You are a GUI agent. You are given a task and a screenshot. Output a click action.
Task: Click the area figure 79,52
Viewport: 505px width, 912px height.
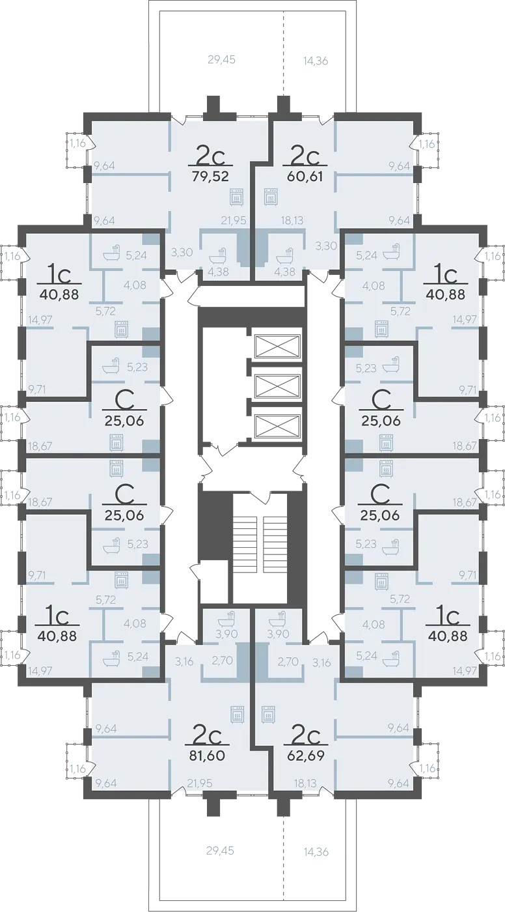pos(210,176)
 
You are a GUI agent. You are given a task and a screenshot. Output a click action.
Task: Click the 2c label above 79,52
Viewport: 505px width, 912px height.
pos(211,154)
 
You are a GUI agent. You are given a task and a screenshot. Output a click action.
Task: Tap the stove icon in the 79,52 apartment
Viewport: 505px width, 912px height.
pos(237,196)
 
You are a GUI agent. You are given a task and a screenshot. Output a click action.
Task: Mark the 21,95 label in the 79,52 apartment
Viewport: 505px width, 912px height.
pos(234,221)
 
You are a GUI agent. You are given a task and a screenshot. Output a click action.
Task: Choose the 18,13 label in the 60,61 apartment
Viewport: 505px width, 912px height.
pos(292,221)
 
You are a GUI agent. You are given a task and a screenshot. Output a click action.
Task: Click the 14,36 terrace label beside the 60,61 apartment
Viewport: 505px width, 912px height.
pos(316,61)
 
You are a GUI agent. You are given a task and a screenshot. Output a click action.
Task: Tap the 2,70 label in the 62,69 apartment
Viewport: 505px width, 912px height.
pos(288,661)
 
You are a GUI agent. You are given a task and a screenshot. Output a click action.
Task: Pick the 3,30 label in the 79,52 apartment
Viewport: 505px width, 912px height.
pos(182,252)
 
